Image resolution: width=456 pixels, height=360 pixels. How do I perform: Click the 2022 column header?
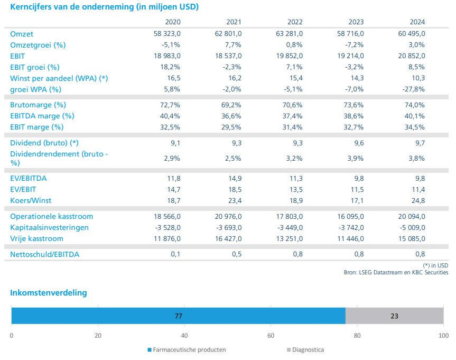click(295, 22)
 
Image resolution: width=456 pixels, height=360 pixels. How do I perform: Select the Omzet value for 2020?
click(167, 34)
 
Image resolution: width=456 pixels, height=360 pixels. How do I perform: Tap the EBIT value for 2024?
click(412, 56)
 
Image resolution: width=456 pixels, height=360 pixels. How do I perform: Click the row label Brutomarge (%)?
click(38, 105)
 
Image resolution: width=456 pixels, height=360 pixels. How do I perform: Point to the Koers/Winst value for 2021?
click(235, 200)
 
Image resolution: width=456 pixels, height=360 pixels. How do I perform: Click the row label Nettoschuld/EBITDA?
click(45, 254)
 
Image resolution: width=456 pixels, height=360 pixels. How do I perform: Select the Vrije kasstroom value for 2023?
click(350, 238)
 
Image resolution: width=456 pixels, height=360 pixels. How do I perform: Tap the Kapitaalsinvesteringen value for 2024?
click(412, 228)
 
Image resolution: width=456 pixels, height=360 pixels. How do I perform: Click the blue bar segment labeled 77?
click(178, 316)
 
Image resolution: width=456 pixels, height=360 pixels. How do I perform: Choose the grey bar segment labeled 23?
click(394, 316)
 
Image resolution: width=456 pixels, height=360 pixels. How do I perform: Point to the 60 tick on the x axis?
click(271, 336)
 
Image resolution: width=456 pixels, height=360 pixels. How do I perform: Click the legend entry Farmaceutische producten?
click(187, 350)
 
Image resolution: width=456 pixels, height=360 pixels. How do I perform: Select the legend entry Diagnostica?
click(305, 350)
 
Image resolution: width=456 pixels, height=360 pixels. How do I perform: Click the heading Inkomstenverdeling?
click(49, 293)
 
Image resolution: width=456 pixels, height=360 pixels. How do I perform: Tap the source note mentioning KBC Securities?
click(396, 272)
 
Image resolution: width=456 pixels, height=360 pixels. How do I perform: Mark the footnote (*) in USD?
click(435, 265)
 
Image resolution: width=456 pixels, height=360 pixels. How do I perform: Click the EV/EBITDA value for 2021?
click(235, 178)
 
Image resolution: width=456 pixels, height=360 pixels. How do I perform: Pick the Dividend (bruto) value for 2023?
click(359, 143)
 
